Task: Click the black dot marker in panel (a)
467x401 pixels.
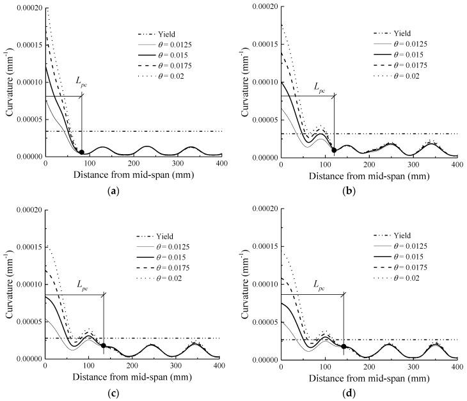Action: (81, 152)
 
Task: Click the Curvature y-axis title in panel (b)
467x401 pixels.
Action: (246, 82)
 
